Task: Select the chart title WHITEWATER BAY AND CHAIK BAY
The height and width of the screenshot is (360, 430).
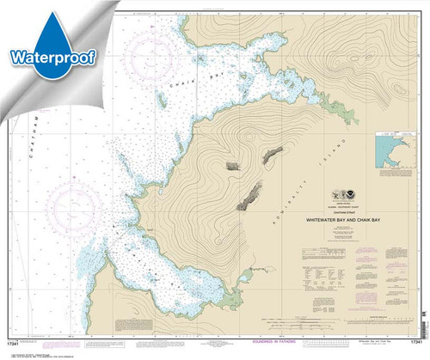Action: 345,220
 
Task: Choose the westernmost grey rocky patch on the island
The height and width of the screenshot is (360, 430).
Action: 233,165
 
